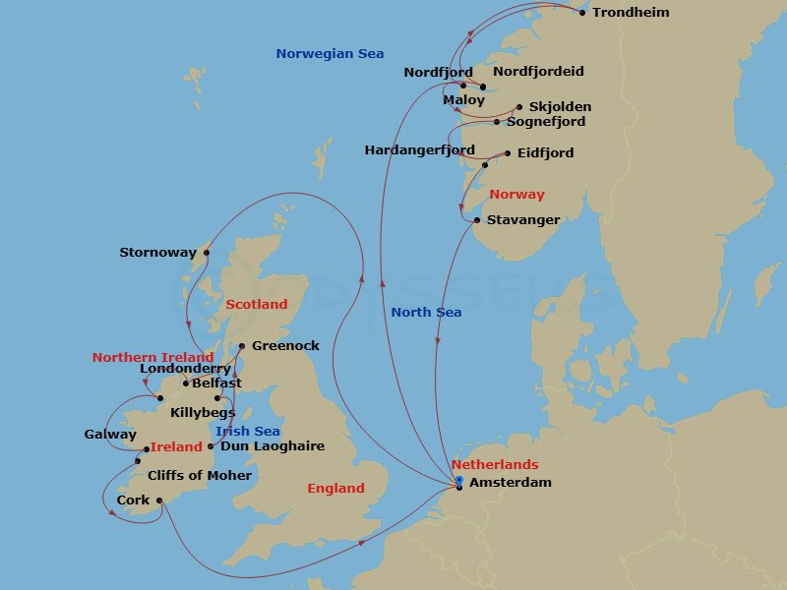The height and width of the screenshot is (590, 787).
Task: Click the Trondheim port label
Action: (631, 13)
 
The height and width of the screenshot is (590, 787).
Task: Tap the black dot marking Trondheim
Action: (582, 13)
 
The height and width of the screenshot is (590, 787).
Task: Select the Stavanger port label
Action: (523, 220)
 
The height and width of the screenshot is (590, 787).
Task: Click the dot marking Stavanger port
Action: (477, 220)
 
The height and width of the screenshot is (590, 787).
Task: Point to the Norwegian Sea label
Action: (330, 54)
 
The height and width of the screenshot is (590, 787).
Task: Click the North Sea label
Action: (426, 313)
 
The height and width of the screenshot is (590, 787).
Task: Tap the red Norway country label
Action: (516, 195)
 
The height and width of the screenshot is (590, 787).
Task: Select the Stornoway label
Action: (157, 253)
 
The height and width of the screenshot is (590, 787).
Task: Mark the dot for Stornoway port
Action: (207, 253)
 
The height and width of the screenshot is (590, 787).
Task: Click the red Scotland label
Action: (257, 305)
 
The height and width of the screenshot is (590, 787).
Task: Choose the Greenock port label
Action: (285, 346)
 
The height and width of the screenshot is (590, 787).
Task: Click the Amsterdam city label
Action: (511, 483)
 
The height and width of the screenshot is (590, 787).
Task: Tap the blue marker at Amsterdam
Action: (459, 480)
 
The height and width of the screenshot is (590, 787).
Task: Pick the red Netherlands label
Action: (495, 465)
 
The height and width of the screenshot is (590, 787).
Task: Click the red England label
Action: (335, 489)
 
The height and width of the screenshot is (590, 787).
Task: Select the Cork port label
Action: (133, 501)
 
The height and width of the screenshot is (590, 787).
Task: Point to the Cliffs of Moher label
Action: (200, 476)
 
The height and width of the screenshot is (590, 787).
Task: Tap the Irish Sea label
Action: (247, 432)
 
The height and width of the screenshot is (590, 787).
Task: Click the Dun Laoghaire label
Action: (272, 446)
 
